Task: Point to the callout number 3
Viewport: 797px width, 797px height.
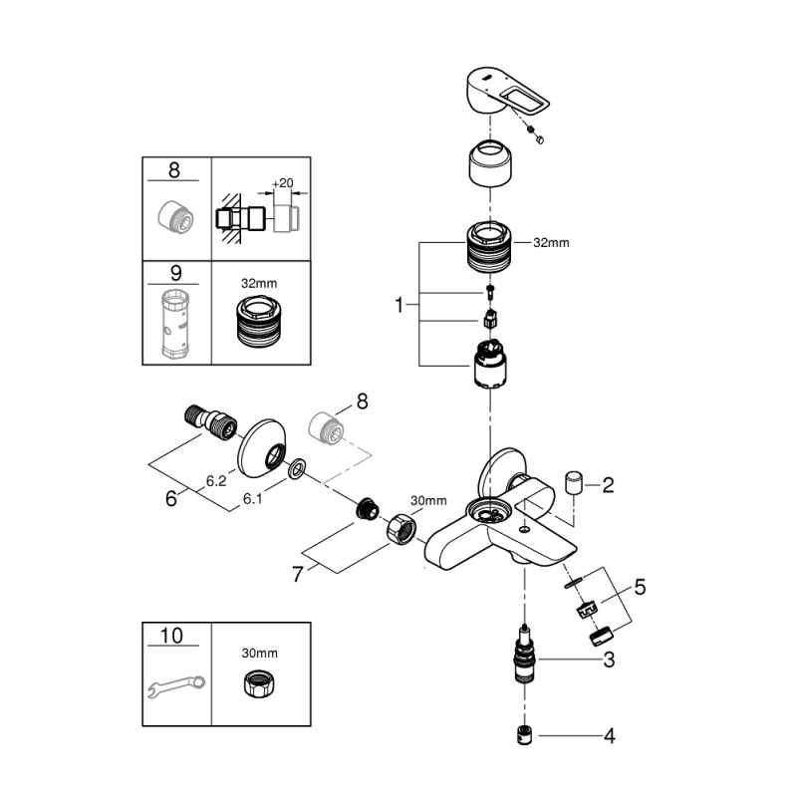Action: click(608, 660)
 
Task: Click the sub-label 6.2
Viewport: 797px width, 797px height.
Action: click(215, 480)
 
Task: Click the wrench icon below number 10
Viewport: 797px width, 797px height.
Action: click(174, 686)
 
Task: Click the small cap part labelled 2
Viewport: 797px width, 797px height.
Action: click(573, 483)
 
